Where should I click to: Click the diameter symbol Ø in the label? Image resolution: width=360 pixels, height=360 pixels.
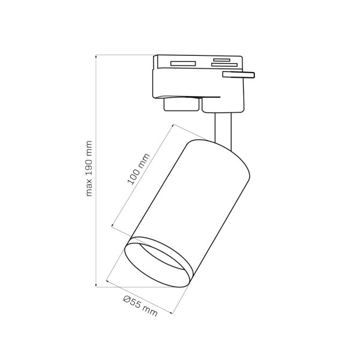click(127, 298)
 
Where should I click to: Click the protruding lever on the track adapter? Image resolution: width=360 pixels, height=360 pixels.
click(238, 75)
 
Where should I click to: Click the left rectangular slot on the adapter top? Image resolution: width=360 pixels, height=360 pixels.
click(183, 63)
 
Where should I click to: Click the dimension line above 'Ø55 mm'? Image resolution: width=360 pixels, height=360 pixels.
click(141, 297)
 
